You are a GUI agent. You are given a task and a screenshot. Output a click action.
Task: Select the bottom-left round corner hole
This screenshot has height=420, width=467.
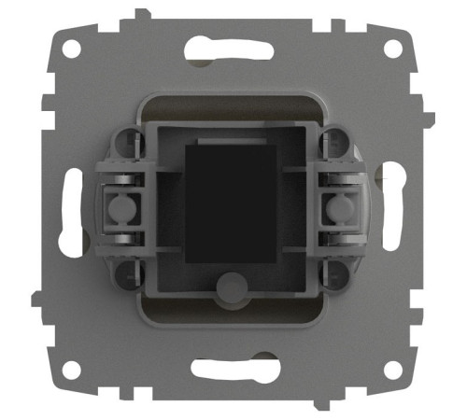click(72, 370)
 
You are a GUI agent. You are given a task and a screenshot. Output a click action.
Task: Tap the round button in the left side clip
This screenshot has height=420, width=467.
click(119, 208)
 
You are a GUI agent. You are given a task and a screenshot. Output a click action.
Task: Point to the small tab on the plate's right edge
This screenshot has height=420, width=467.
click(431, 119)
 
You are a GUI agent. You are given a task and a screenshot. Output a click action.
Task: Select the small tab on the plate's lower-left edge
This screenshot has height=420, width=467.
click(35, 299)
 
